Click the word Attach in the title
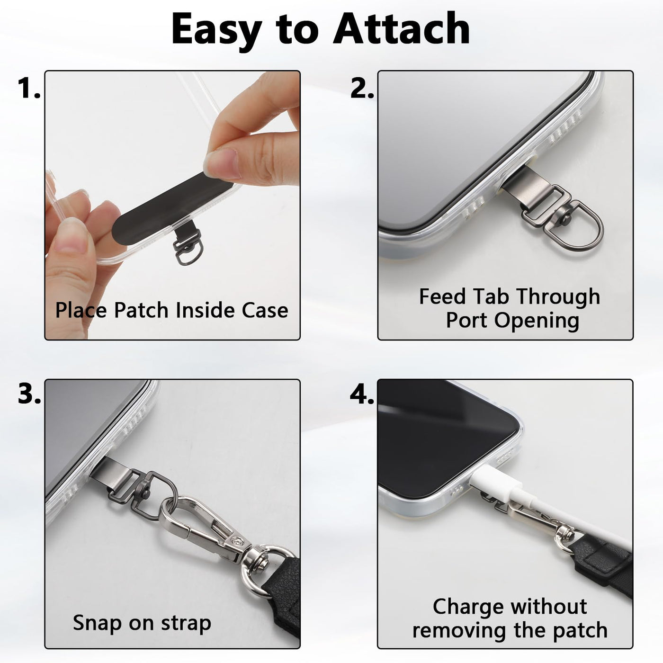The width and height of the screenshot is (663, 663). (x=401, y=29)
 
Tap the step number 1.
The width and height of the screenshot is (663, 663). (x=29, y=88)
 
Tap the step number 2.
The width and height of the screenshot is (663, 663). (x=362, y=88)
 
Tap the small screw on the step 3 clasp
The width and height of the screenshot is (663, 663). (x=237, y=543)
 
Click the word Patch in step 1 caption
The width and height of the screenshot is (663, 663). (x=142, y=310)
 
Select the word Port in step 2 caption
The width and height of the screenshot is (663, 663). (x=466, y=321)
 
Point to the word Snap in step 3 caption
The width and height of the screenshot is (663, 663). (x=98, y=623)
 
